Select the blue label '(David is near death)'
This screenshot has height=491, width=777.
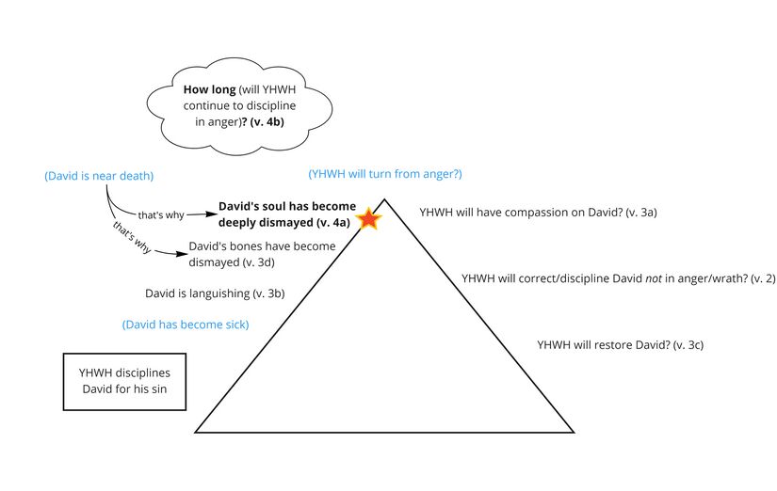[99, 176]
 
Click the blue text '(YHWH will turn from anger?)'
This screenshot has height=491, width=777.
[385, 174]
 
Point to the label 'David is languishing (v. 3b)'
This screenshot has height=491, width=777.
[214, 293]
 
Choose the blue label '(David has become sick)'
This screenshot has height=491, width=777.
[190, 325]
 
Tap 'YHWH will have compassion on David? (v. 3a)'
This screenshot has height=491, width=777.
[537, 213]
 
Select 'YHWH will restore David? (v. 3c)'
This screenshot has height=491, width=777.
[620, 345]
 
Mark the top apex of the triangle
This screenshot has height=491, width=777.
[384, 198]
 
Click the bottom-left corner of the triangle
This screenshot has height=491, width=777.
[196, 432]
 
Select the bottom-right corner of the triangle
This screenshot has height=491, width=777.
[574, 432]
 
